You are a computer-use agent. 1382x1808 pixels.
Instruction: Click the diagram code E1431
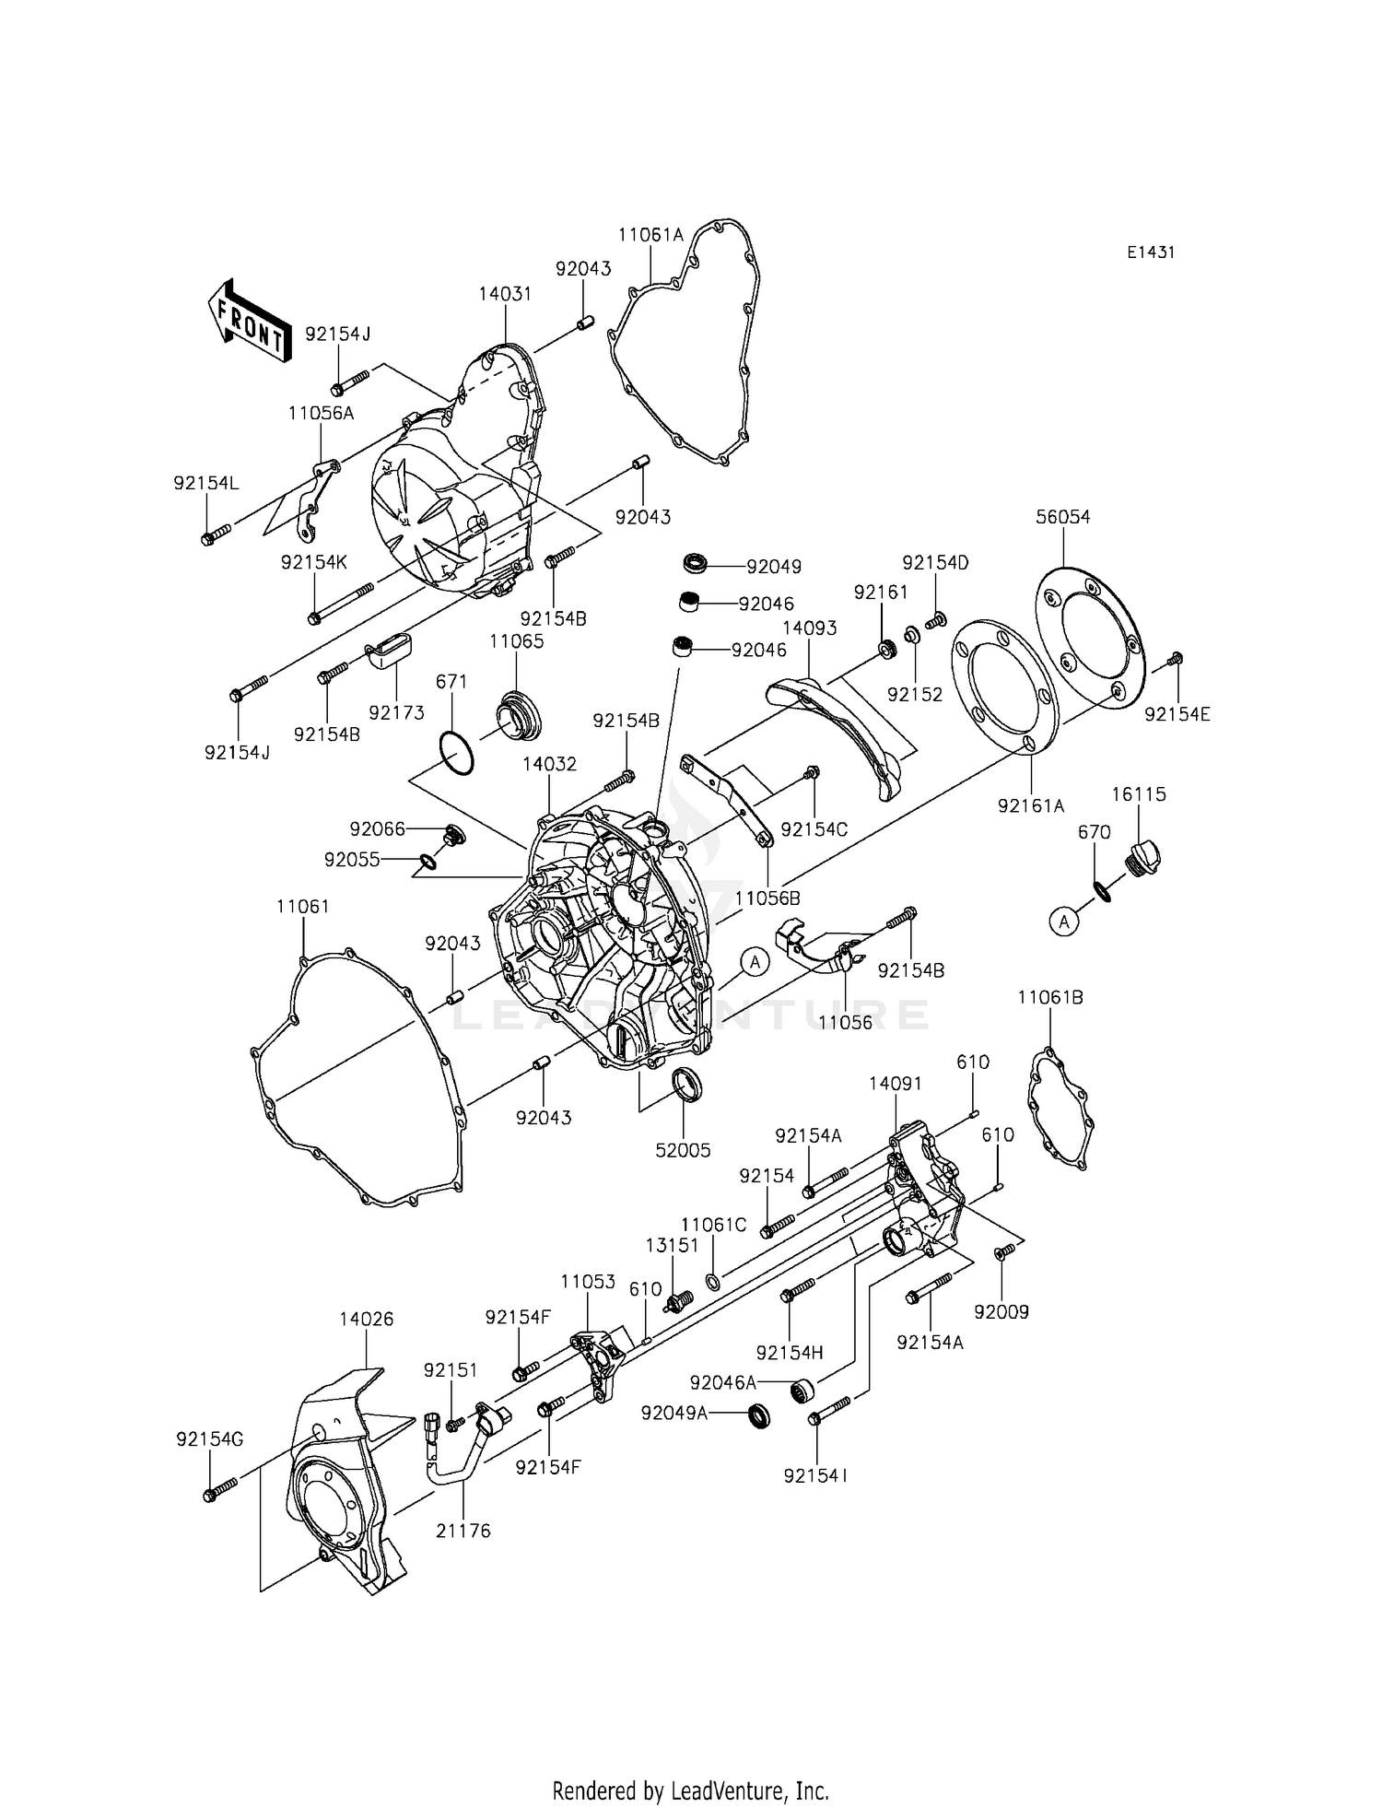click(x=1150, y=252)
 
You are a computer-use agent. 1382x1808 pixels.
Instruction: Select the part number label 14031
click(x=505, y=294)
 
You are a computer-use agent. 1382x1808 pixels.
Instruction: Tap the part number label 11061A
click(x=650, y=235)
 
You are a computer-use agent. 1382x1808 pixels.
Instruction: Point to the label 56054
click(x=1062, y=517)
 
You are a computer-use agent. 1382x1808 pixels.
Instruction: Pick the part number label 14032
click(x=549, y=764)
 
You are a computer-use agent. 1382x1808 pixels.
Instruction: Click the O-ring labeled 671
click(x=456, y=753)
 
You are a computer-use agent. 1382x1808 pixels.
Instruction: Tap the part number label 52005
click(x=683, y=1151)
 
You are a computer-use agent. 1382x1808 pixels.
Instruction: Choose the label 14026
click(x=366, y=1319)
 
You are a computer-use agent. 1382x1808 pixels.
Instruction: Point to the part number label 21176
click(x=463, y=1531)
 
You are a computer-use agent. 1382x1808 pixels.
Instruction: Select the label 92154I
click(x=816, y=1475)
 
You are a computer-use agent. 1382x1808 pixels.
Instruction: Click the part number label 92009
click(x=1001, y=1312)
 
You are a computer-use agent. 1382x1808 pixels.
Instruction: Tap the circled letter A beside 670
click(x=1064, y=921)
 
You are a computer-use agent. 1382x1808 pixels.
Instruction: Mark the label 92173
click(x=396, y=711)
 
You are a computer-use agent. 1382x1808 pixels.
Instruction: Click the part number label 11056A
click(x=321, y=414)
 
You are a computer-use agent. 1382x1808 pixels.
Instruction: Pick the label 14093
click(x=809, y=628)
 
